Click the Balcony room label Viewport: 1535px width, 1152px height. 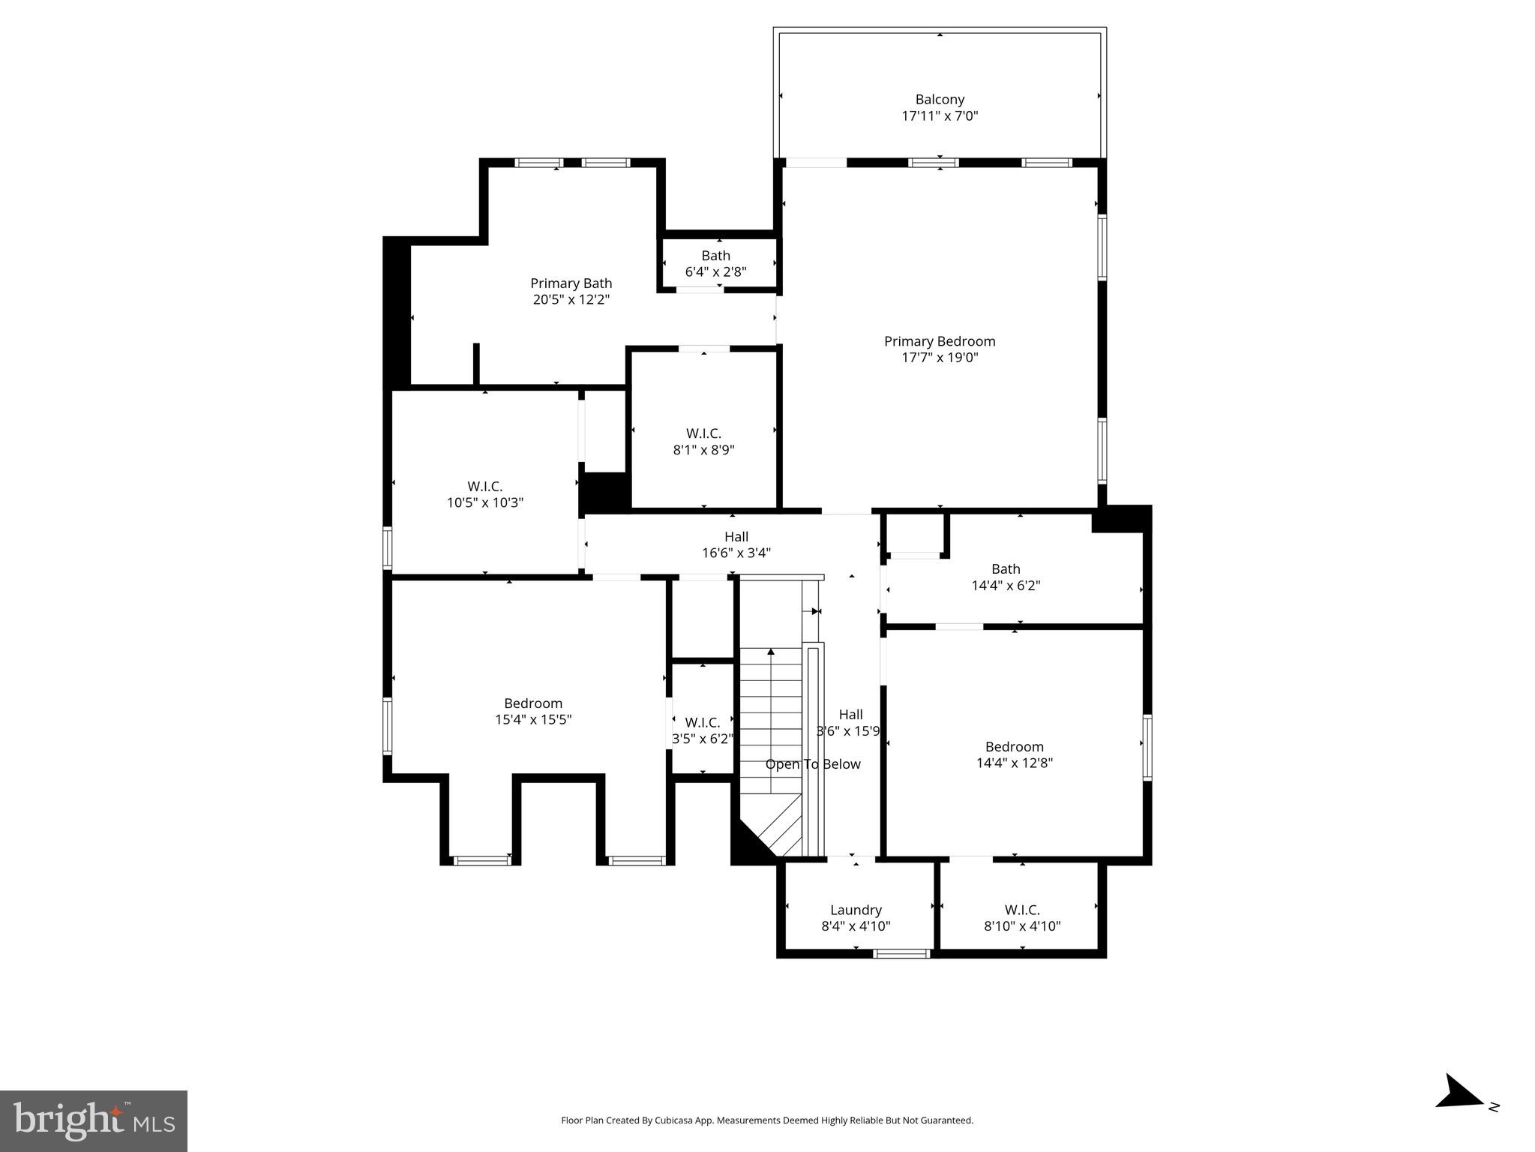tap(939, 100)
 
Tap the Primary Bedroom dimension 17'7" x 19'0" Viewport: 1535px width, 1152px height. tap(939, 358)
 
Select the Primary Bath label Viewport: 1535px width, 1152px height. tap(571, 283)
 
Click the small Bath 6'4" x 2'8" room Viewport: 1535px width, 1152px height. tap(715, 263)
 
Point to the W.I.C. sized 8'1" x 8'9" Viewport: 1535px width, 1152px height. tap(703, 442)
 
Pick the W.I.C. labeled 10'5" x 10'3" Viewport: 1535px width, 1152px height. tap(484, 494)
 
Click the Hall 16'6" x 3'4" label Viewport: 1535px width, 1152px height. tap(736, 544)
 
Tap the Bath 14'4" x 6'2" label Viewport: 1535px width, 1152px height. tap(1005, 577)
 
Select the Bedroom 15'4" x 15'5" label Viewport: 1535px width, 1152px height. tap(532, 711)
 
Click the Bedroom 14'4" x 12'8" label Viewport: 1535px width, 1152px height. tap(1014, 754)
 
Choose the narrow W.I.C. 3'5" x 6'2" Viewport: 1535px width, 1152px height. tap(702, 730)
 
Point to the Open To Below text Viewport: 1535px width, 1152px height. tap(812, 764)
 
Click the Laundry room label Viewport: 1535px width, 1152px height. tap(855, 910)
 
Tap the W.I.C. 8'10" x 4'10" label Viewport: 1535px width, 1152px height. tap(1021, 918)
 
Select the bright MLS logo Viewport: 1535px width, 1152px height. tap(94, 1121)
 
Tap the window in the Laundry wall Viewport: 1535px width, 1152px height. tap(901, 954)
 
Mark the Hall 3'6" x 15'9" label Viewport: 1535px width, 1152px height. tap(850, 723)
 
